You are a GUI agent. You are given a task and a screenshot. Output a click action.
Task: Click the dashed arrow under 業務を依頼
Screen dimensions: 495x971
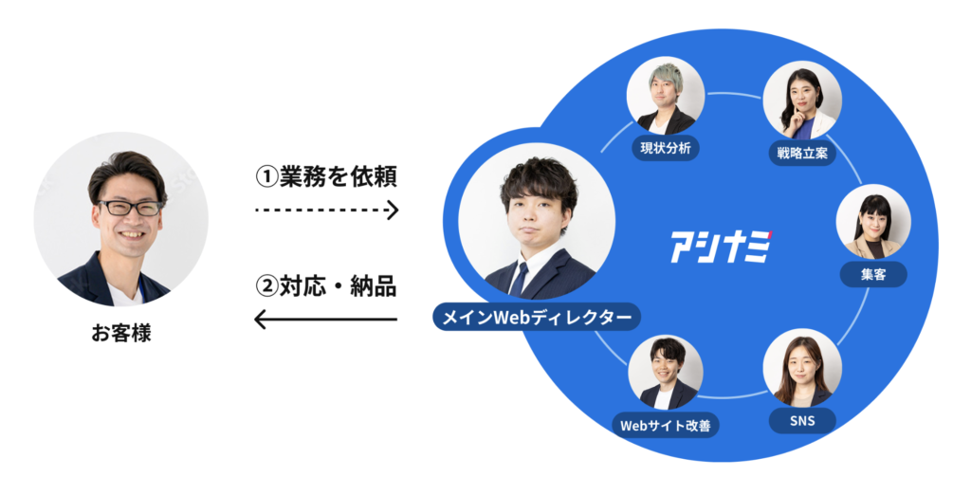(x=327, y=208)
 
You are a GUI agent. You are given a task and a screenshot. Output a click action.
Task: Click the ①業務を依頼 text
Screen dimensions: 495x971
(x=326, y=176)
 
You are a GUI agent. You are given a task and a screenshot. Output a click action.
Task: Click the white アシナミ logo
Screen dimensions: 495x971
(x=720, y=247)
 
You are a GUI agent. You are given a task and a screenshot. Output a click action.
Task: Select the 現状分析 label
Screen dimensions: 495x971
(x=666, y=148)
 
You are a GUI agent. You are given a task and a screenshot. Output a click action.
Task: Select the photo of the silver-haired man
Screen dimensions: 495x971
(x=666, y=97)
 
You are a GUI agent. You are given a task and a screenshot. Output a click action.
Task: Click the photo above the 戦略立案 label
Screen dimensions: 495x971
(x=802, y=100)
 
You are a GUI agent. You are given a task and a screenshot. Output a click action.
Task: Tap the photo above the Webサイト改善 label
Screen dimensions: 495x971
(x=666, y=373)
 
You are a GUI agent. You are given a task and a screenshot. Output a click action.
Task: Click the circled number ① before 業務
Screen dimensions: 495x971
(x=267, y=176)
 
